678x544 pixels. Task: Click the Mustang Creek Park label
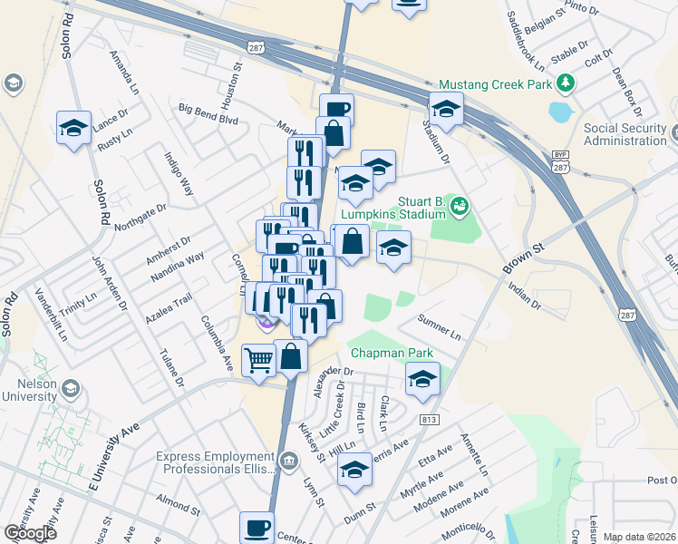496,83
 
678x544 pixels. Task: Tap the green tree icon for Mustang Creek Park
567,83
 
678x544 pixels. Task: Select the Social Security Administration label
625,134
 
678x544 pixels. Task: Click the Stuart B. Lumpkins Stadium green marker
460,206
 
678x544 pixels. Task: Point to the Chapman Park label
392,353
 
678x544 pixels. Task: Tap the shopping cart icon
259,360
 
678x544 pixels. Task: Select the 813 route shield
429,420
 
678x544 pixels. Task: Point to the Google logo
30,533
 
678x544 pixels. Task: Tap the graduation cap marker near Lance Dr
73,128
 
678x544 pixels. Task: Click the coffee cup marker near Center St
257,528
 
